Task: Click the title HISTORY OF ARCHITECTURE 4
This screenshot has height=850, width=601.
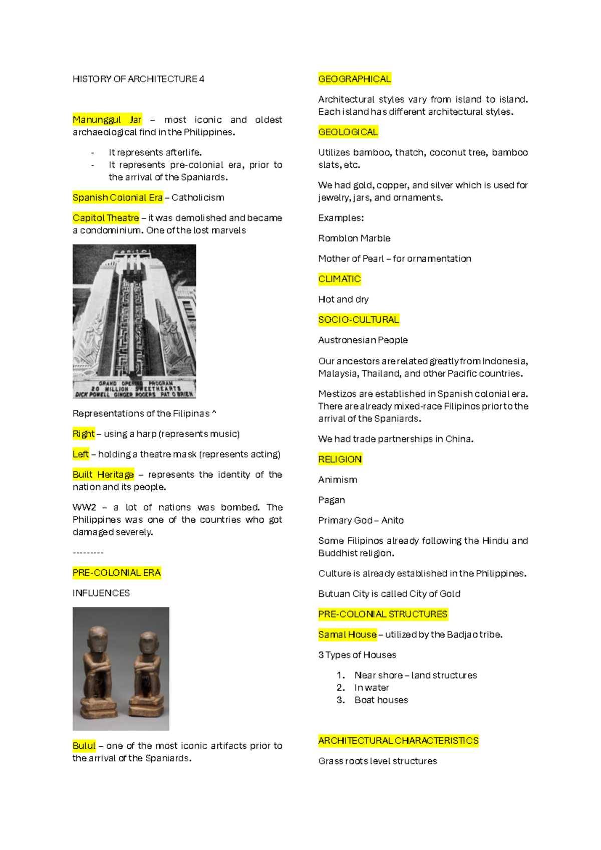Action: (138, 79)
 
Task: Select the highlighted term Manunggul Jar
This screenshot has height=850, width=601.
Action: (107, 120)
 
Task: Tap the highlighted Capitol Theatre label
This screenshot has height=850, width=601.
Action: (106, 218)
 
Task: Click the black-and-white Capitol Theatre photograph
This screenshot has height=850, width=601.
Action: (134, 321)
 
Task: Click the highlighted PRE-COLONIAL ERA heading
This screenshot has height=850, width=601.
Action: (117, 573)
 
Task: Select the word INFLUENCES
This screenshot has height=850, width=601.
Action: (101, 593)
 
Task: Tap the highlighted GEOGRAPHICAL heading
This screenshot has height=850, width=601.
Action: (355, 79)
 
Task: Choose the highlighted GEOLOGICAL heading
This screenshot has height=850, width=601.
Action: (348, 132)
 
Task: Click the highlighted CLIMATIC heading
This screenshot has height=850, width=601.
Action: (340, 279)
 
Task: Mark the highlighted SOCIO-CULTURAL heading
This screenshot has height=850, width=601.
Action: (359, 320)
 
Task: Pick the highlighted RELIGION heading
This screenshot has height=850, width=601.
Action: (340, 460)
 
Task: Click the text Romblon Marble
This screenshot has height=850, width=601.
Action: (354, 239)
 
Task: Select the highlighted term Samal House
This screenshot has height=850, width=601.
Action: (348, 635)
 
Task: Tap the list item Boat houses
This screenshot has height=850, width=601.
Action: (381, 700)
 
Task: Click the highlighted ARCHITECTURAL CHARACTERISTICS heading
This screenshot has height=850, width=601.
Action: (398, 741)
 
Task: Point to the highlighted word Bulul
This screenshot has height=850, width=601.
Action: (84, 746)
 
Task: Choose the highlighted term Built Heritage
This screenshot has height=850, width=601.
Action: (103, 475)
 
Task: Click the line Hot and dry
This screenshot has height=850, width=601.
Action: (343, 300)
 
